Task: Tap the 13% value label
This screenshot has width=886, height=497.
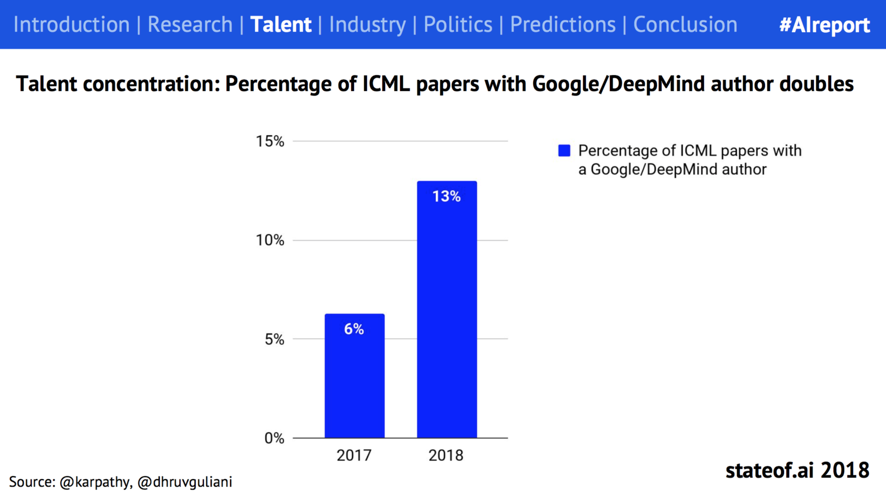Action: (446, 197)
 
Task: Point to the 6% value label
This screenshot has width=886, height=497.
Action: (354, 329)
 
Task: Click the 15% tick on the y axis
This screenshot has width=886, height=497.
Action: (270, 141)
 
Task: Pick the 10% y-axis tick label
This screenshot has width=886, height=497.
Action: (270, 240)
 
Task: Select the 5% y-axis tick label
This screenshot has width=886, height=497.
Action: (274, 339)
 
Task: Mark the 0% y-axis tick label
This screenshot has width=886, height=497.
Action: (274, 438)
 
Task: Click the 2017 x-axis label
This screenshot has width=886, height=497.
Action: (354, 455)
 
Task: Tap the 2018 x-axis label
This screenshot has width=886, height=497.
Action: (446, 455)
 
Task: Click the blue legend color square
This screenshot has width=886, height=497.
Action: (564, 151)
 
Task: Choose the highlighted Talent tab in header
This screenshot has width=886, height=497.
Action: (281, 24)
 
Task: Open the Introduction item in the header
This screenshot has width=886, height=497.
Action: (71, 24)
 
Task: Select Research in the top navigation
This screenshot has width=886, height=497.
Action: (190, 24)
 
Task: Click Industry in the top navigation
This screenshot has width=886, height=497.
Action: (367, 24)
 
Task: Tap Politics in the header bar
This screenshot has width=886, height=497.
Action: (458, 24)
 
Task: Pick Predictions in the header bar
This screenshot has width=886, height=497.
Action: (562, 24)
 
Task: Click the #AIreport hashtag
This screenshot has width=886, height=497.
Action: (824, 25)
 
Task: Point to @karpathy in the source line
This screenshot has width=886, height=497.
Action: (94, 482)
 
